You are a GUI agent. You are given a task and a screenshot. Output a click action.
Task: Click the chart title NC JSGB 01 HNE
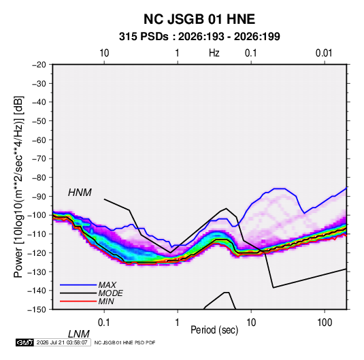(x=199, y=19)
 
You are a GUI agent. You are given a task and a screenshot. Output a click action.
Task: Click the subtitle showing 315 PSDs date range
(x=199, y=37)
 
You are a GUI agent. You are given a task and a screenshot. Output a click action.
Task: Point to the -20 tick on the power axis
(x=39, y=65)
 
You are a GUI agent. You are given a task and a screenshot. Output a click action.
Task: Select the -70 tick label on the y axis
(x=39, y=159)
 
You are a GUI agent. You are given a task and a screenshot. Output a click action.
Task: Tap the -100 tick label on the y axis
(x=37, y=215)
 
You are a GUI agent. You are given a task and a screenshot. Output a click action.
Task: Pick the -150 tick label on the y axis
(x=37, y=310)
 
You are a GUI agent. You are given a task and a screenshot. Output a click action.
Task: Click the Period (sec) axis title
(x=214, y=329)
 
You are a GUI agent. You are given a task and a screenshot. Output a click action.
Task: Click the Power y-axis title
(x=18, y=187)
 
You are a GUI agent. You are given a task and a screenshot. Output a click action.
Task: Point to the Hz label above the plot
(x=214, y=53)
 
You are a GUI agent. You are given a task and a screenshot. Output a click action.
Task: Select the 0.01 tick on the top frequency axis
(x=324, y=53)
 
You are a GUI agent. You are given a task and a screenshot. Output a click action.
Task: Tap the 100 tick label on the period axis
(x=325, y=323)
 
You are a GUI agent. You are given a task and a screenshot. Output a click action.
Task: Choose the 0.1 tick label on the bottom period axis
(x=103, y=323)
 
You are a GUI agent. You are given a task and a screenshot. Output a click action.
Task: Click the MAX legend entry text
(x=107, y=285)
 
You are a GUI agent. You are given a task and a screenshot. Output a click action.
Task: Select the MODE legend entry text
(x=110, y=293)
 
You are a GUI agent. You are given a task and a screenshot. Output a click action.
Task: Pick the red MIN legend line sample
(x=78, y=301)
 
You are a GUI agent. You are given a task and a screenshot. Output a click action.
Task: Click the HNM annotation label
(x=80, y=193)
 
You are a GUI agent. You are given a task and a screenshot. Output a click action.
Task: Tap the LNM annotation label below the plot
(x=79, y=334)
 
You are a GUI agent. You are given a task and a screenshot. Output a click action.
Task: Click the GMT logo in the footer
(x=24, y=342)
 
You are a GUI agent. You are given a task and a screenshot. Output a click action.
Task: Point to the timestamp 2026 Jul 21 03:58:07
(x=62, y=342)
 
